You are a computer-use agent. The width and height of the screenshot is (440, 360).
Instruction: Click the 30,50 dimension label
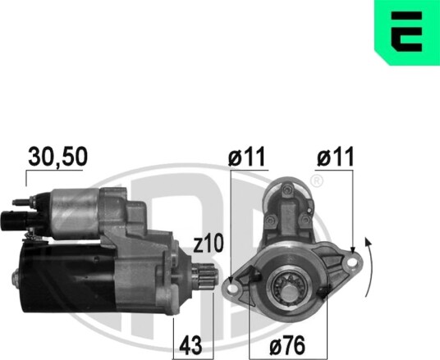point(57,157)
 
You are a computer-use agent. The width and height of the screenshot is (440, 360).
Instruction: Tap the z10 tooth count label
point(209,244)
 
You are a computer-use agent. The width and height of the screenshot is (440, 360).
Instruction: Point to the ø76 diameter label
point(287,345)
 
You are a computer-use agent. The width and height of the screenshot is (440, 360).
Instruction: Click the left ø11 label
point(246,157)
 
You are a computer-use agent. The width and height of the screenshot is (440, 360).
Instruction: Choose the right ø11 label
point(335,157)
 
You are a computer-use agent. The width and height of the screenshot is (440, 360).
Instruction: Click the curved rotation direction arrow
point(370,267)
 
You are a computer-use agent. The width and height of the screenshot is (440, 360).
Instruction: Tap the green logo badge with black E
point(407,32)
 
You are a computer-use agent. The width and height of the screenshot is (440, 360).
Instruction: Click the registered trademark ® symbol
point(317,181)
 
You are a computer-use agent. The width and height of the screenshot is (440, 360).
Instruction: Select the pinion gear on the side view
point(205,276)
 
